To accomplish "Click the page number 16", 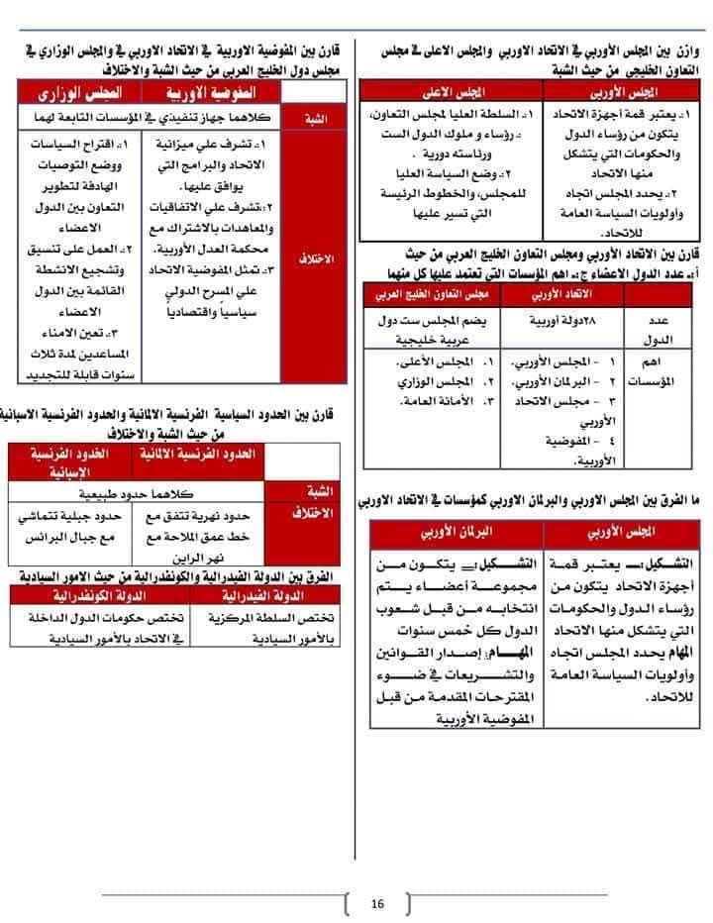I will click(377, 903).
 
